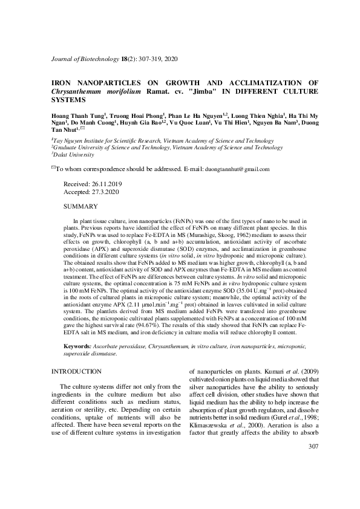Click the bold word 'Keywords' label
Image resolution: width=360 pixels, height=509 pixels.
[77, 345]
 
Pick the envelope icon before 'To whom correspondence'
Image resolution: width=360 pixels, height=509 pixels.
[53, 169]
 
